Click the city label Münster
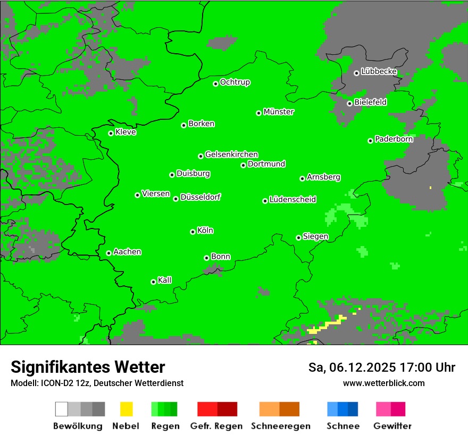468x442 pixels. (x=279, y=112)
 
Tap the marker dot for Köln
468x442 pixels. (x=193, y=232)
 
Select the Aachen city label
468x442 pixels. (x=127, y=252)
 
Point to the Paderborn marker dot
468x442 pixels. (x=370, y=141)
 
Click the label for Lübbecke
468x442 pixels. (x=379, y=71)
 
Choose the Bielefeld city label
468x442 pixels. (x=370, y=102)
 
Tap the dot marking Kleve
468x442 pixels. (x=111, y=133)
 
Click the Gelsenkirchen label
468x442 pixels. (x=231, y=154)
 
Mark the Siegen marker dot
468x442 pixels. (x=298, y=238)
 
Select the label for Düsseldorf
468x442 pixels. (x=200, y=197)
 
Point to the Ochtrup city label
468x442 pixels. (x=235, y=83)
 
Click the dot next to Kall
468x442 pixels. (x=153, y=282)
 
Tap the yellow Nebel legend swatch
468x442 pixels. (x=126, y=409)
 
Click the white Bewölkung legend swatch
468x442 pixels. (x=62, y=409)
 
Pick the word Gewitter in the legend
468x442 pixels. (x=392, y=426)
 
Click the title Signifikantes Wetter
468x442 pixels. (x=88, y=367)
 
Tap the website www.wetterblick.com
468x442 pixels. (x=384, y=383)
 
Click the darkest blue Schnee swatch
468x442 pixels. (x=353, y=409)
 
